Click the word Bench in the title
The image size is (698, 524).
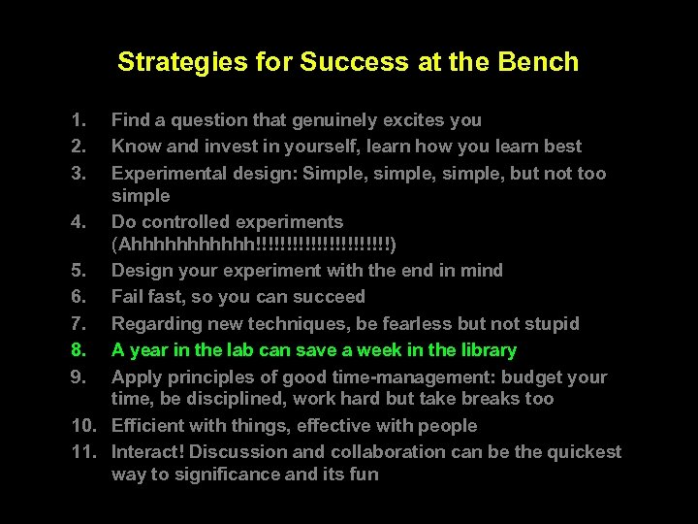(539, 62)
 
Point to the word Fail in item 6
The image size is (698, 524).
(128, 297)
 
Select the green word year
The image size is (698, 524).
(147, 350)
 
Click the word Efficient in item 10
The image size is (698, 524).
(148, 426)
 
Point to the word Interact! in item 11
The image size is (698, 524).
(148, 452)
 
